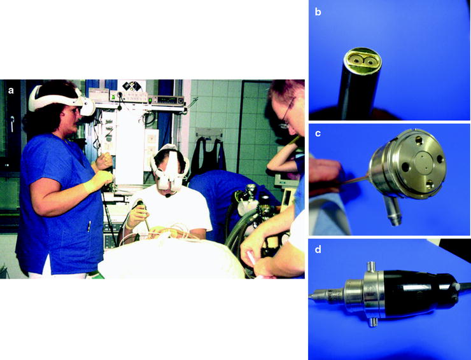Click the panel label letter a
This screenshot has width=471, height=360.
point(11,90)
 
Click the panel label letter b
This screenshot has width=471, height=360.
point(318,12)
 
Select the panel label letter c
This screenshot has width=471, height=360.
point(318,134)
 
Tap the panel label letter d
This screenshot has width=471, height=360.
point(318,249)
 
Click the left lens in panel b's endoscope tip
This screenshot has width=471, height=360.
point(355,60)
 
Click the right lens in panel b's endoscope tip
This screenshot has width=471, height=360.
point(369,62)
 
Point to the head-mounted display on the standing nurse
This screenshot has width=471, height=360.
point(62,100)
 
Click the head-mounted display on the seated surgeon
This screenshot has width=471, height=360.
point(169,168)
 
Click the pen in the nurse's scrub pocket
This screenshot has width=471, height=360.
point(89,226)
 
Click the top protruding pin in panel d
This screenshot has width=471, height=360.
point(370,265)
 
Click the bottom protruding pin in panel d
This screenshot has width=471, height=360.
point(373,322)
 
